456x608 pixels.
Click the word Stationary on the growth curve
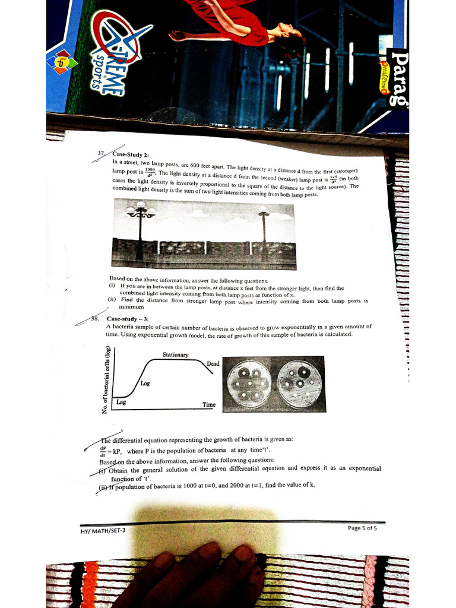click(175, 355)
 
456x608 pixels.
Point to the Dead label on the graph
click(213, 363)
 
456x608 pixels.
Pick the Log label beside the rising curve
click(145, 384)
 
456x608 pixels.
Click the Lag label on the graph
click(121, 402)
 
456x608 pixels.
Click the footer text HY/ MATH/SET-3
click(103, 530)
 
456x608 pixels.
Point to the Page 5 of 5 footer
click(362, 528)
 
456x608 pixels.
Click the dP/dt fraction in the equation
click(103, 452)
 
